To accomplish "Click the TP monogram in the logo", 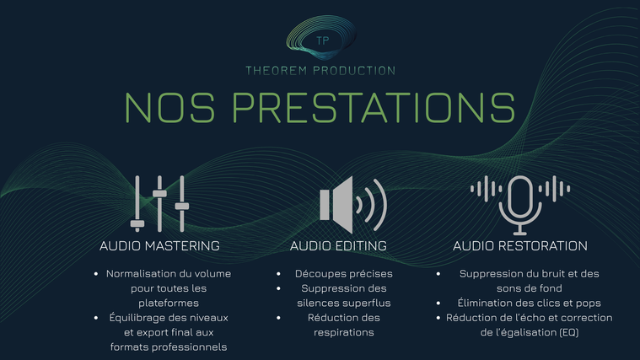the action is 322,40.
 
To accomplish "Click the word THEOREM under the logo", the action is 277,71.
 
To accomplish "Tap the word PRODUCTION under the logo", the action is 354,71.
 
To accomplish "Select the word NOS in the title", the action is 169,107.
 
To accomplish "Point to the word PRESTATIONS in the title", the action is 374,107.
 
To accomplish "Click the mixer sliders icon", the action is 159,204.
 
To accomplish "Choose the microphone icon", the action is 520,206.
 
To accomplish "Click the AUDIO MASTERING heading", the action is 159,245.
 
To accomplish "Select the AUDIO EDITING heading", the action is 338,245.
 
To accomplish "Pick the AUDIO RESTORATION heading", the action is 520,245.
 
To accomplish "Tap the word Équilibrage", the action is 136,318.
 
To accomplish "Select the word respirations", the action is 344,333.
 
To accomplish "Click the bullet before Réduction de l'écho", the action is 438,318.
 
